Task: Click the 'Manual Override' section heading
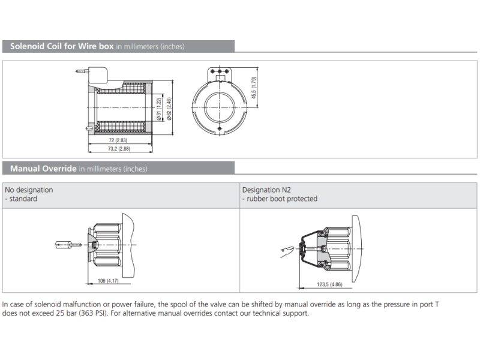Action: coord(43,169)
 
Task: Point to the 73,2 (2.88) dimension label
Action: coord(119,148)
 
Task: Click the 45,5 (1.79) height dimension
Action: coord(254,88)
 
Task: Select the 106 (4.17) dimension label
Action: coord(108,281)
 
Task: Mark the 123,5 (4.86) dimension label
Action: coord(329,284)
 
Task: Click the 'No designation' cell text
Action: coord(29,190)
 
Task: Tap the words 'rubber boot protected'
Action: coord(281,199)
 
